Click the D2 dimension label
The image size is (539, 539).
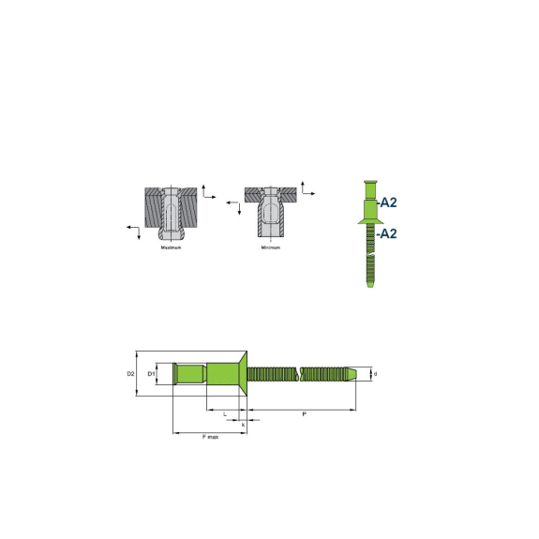(x=130, y=374)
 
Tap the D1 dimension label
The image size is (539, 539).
(x=151, y=374)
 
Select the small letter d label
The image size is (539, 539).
(x=375, y=374)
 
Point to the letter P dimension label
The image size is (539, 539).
(x=304, y=414)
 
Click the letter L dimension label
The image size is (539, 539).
(x=225, y=414)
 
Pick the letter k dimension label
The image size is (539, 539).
(x=243, y=425)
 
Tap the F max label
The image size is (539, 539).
(x=210, y=437)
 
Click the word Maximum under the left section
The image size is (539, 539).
(x=171, y=247)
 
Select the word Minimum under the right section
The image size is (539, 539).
(x=271, y=247)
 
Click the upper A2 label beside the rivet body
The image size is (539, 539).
(x=387, y=202)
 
